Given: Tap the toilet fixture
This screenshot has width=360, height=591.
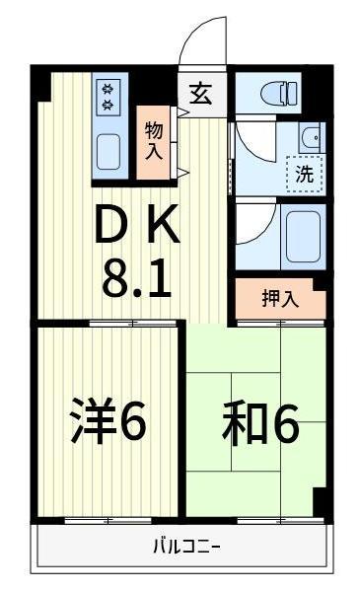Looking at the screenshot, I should point(282,95).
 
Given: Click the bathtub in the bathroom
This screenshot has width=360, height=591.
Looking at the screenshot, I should point(303,233).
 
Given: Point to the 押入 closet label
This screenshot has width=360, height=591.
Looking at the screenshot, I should point(279,299).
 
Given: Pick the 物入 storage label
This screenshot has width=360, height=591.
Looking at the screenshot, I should point(154,141).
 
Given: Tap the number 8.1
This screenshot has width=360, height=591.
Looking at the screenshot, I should point(137,279).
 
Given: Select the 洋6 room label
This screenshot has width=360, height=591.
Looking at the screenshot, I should point(109,422).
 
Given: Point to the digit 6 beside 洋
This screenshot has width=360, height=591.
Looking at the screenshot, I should point(134,422).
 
